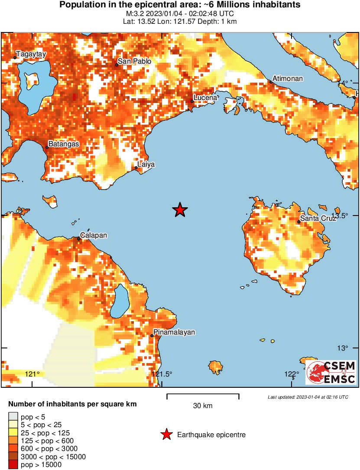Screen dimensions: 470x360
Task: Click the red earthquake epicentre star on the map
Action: click(x=180, y=210)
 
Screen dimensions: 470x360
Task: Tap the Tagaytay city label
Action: click(x=30, y=55)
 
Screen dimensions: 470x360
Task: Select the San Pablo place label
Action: click(x=135, y=61)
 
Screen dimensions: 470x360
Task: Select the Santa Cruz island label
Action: click(x=318, y=219)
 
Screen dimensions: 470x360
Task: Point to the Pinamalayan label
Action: click(x=174, y=332)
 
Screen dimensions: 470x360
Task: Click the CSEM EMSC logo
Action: click(x=331, y=372)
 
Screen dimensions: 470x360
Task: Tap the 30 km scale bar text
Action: click(x=203, y=406)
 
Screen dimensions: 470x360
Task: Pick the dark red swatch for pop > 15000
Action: click(x=13, y=465)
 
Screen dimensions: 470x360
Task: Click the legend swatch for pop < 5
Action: click(x=13, y=417)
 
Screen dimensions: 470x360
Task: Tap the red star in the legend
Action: click(x=166, y=435)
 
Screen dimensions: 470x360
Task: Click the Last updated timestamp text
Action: click(x=308, y=397)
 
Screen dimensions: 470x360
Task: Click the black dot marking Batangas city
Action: click(x=47, y=147)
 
